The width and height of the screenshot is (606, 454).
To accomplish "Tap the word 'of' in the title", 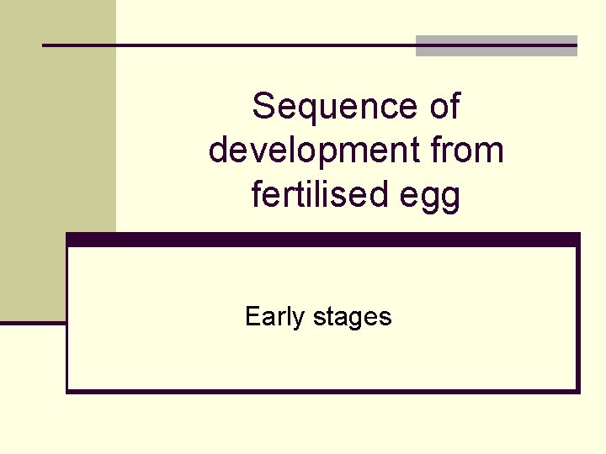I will (x=443, y=107).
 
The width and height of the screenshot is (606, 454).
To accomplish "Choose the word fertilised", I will (x=316, y=196).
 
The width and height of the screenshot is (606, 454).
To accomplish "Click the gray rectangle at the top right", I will (x=497, y=46).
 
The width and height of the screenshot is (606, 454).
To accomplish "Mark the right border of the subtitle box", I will (x=578, y=319).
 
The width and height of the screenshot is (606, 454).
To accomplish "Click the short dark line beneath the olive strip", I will (x=33, y=321).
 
